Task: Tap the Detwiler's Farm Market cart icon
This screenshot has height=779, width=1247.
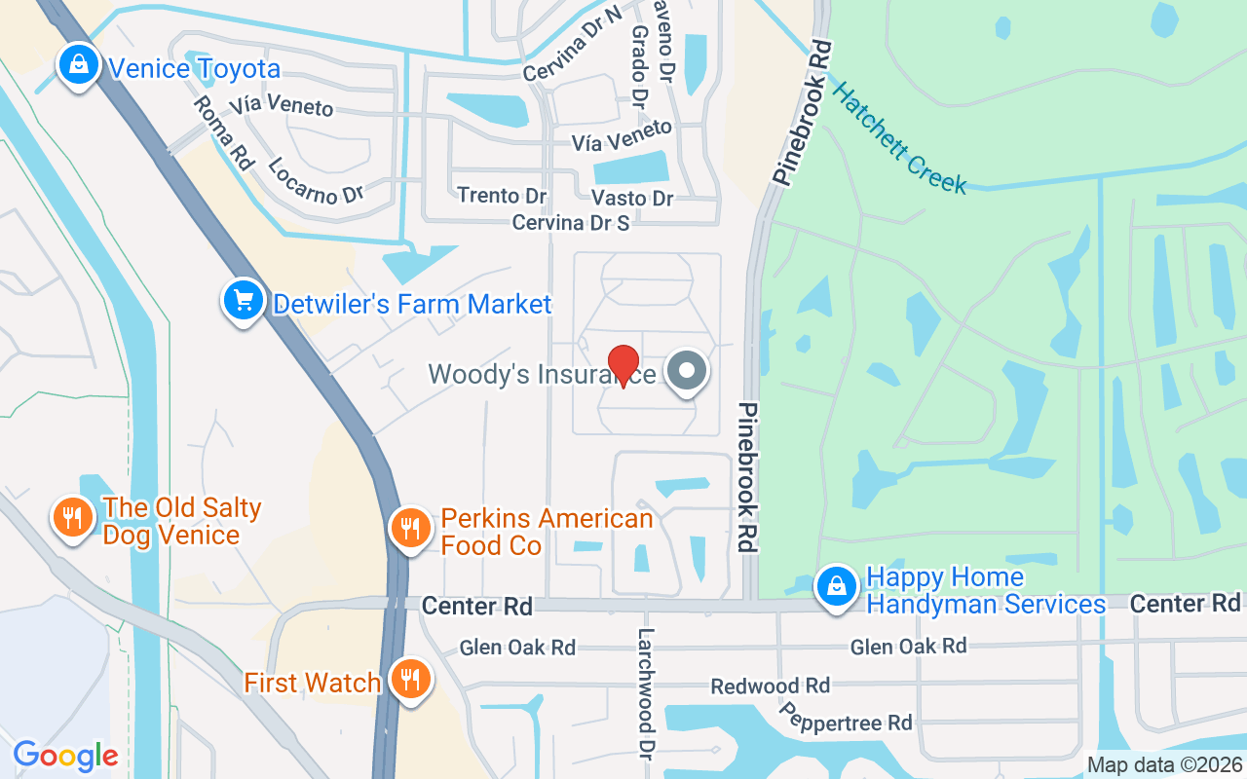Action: [x=242, y=302]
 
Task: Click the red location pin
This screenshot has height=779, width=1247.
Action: [x=623, y=365]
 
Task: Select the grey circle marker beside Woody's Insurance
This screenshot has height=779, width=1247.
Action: [x=688, y=371]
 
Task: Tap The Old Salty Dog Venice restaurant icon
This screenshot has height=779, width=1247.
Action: [x=72, y=518]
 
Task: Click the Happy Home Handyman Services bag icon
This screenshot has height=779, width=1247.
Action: [x=836, y=587]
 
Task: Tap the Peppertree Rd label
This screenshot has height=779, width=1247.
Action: [x=846, y=722]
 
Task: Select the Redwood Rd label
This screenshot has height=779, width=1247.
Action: [x=770, y=686]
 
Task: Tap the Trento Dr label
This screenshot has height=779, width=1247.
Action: [x=502, y=196]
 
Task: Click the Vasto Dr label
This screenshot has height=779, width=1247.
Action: [x=632, y=198]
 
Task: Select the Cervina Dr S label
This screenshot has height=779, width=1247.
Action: [x=571, y=223]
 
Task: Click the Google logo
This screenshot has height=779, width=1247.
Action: [x=65, y=756]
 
